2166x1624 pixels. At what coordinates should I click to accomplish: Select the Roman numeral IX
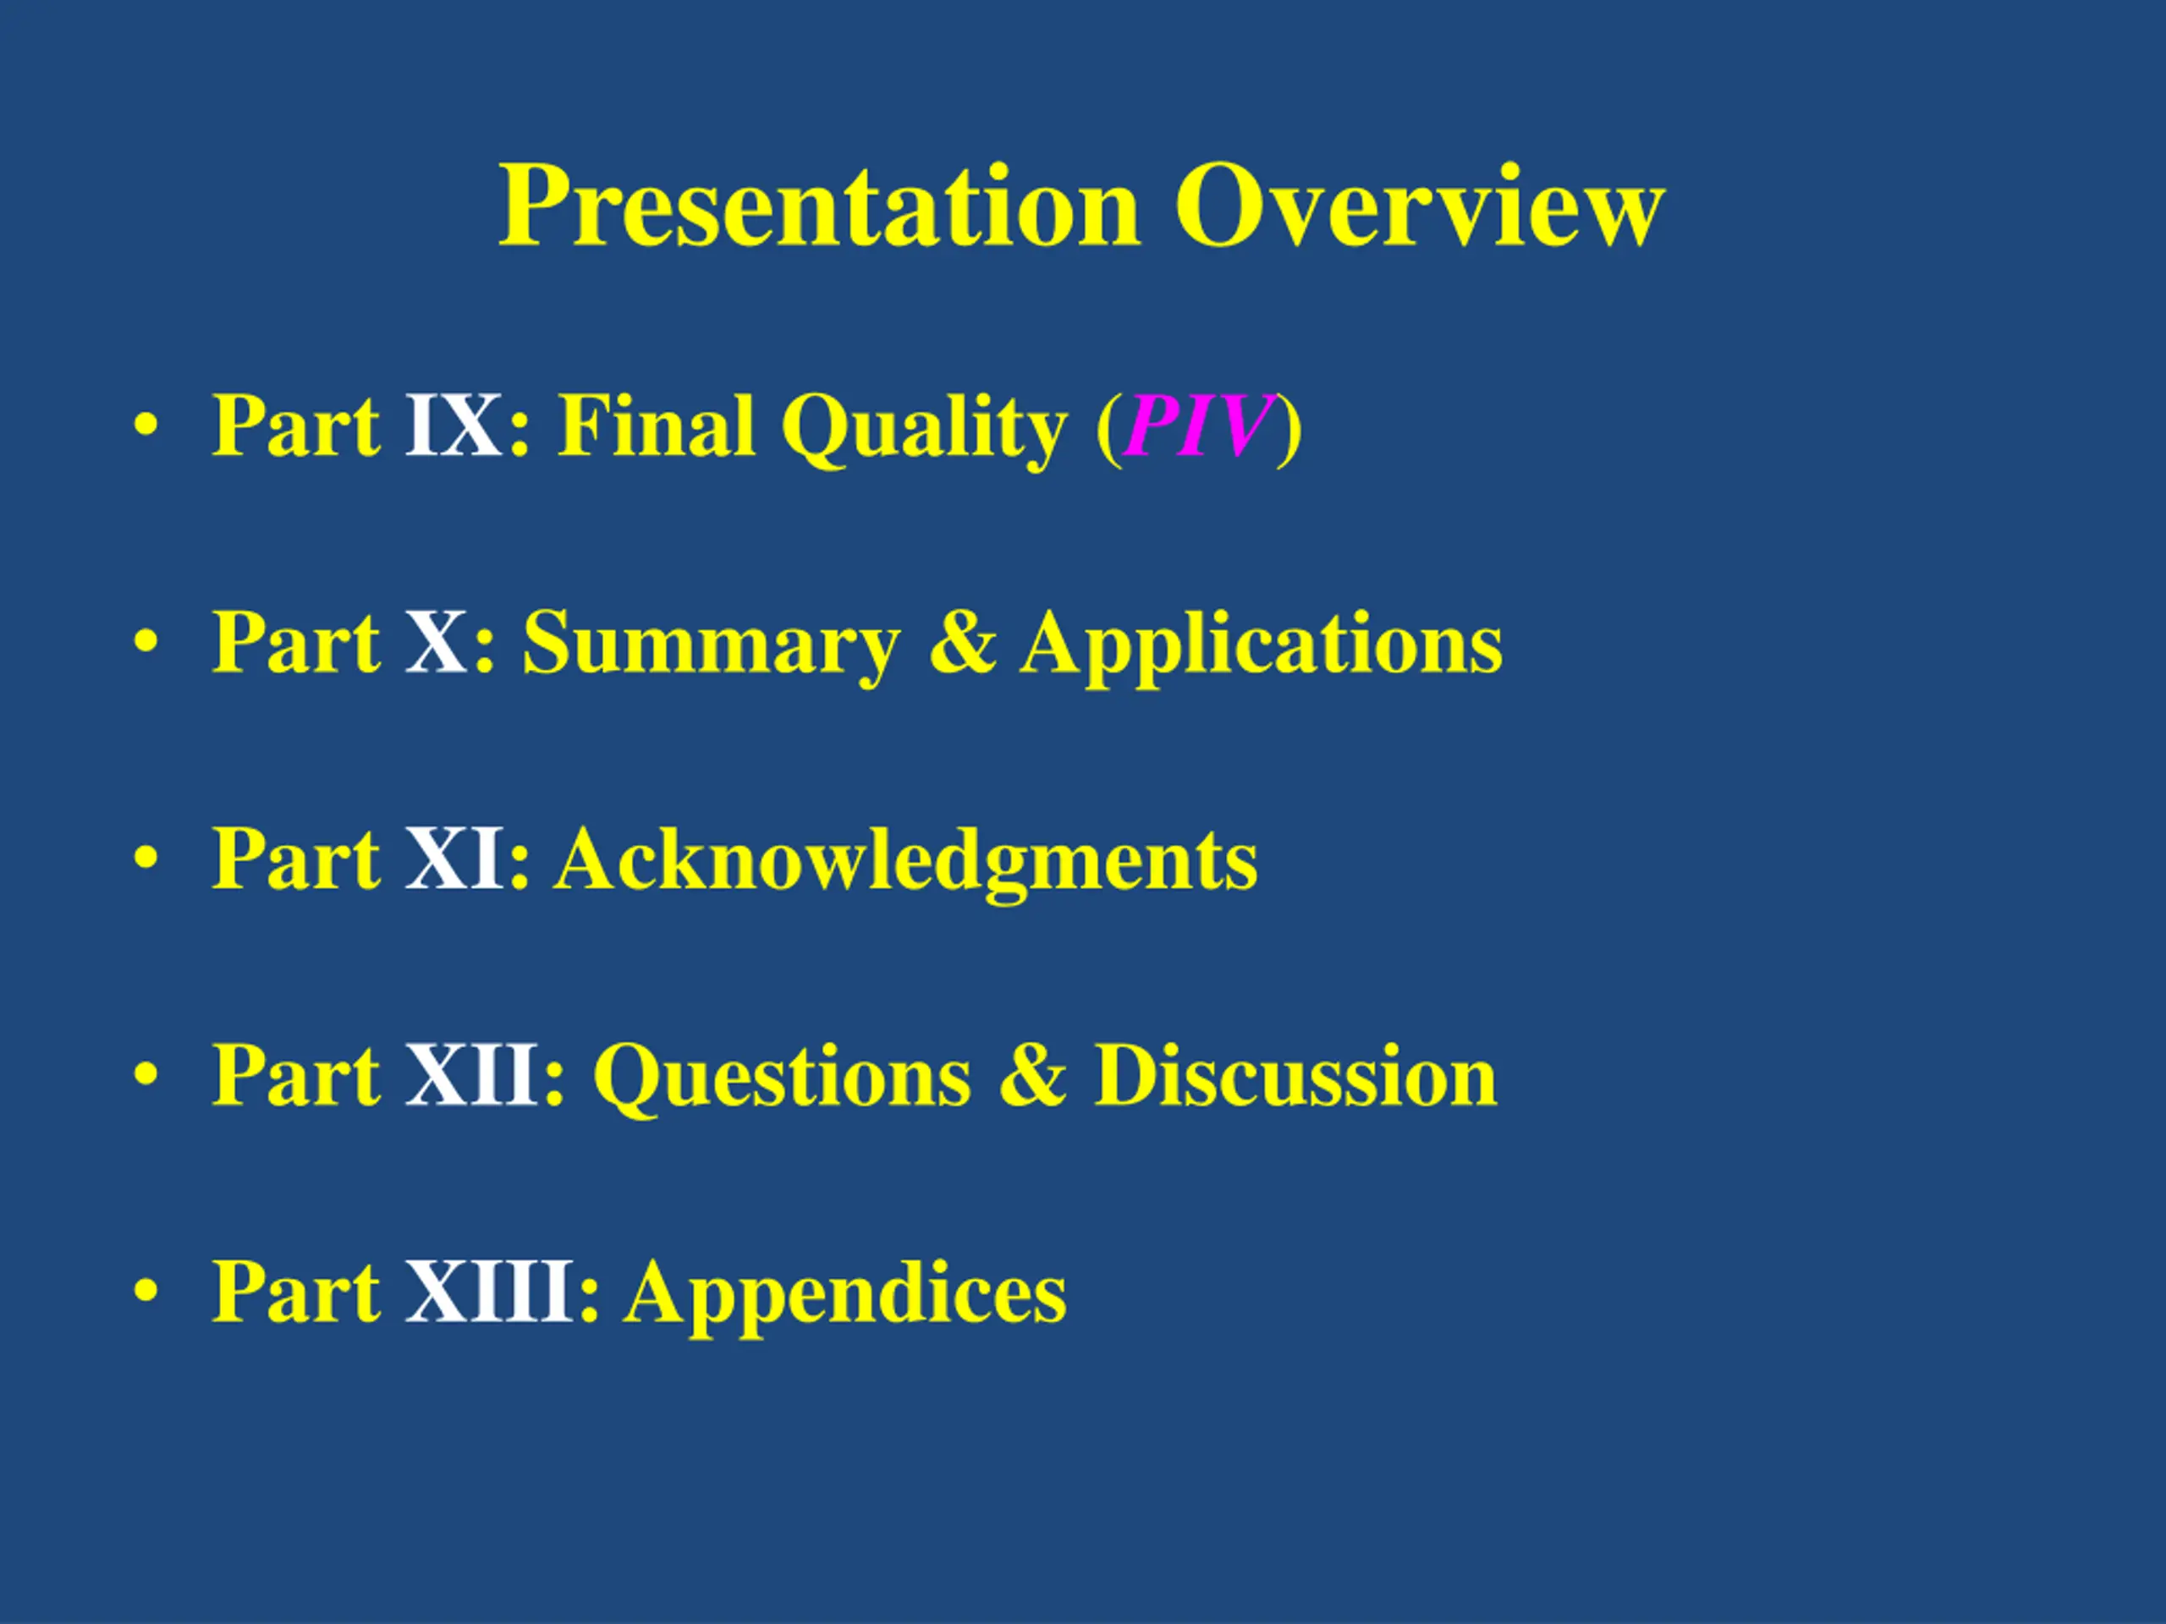tap(454, 425)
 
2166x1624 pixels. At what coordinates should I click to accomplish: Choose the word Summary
tap(711, 646)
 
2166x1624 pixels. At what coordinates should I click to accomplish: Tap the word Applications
tap(1262, 646)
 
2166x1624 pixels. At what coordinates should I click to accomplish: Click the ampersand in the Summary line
tap(961, 642)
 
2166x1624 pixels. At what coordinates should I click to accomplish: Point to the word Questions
tap(783, 1078)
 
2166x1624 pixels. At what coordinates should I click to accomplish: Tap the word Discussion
tap(1296, 1075)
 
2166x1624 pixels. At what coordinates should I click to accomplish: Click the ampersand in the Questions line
tap(1033, 1075)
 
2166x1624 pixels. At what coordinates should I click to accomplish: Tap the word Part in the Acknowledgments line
tap(296, 859)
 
